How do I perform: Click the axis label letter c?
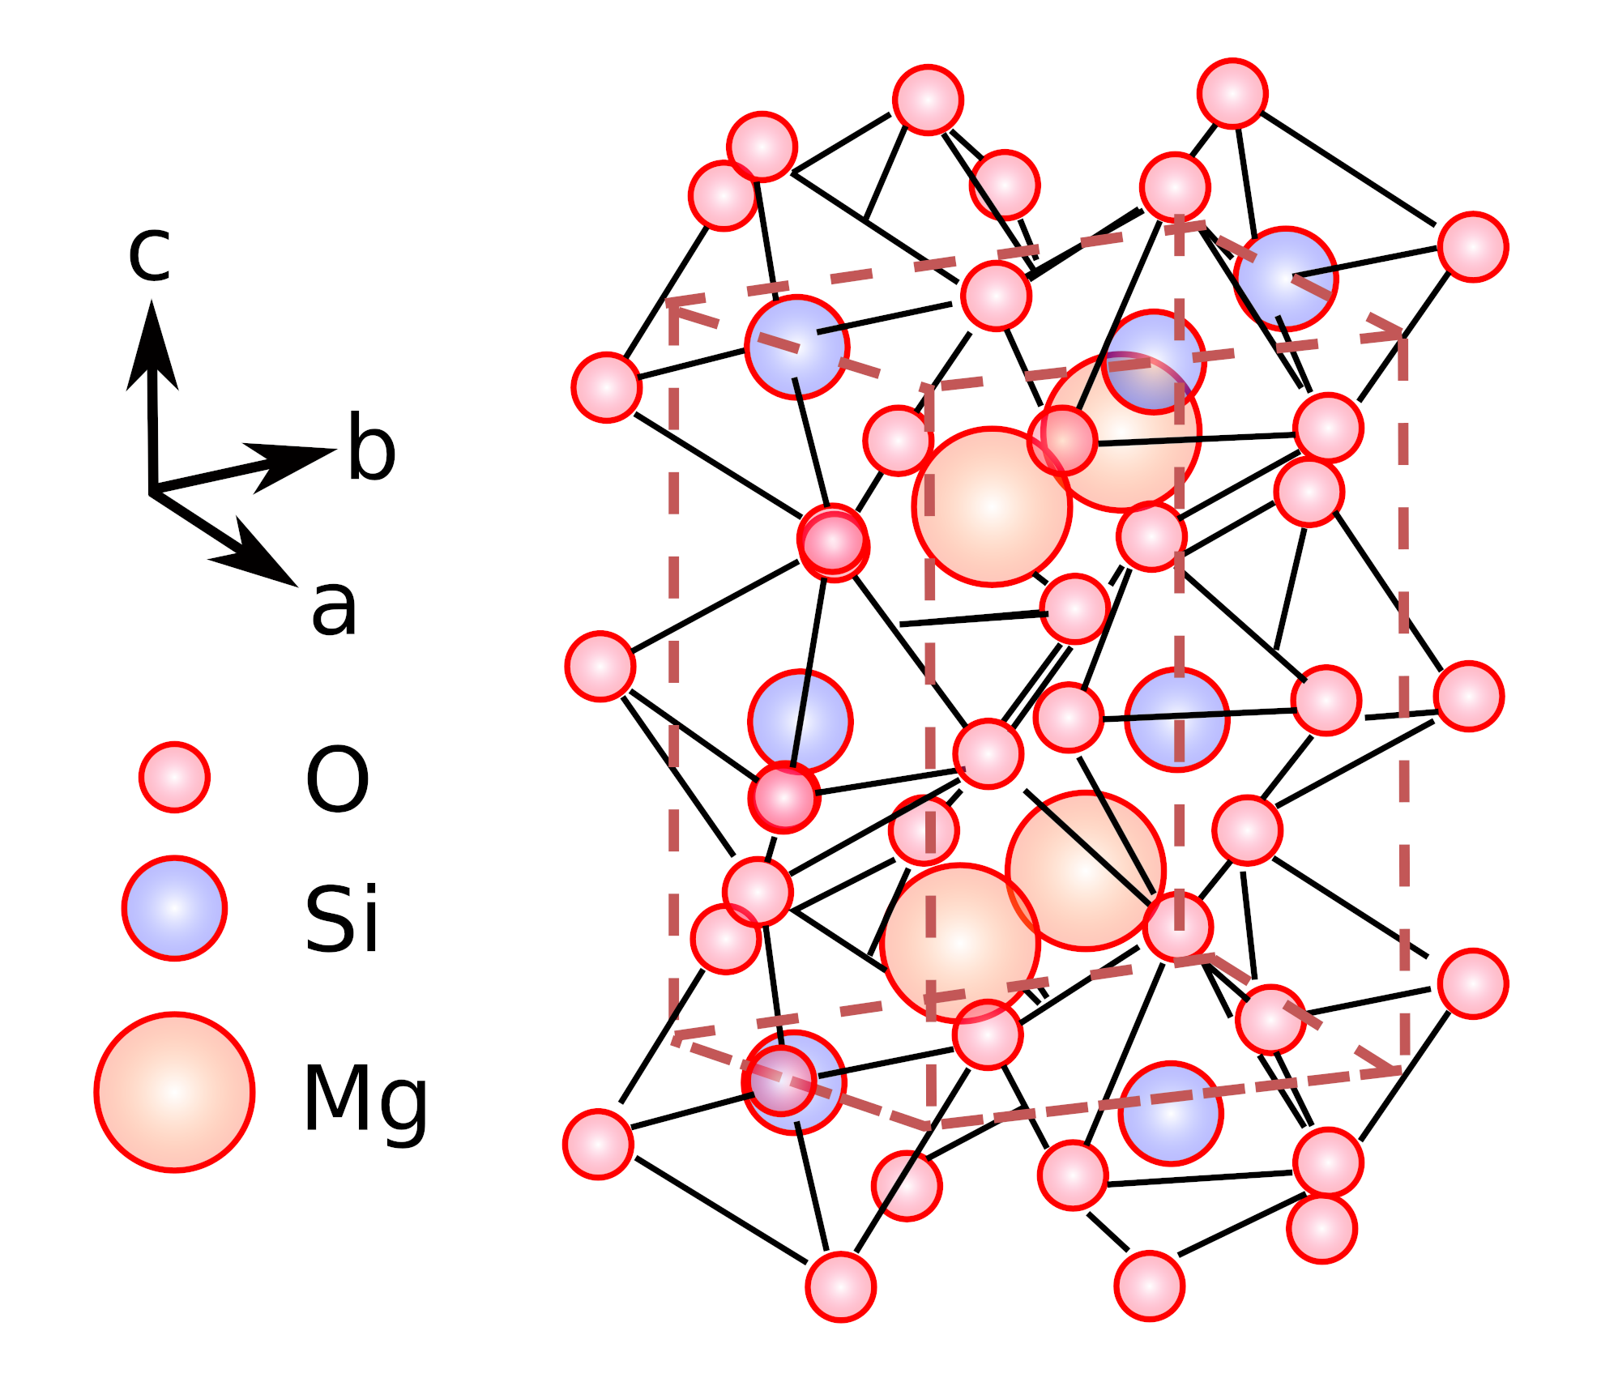click(x=150, y=254)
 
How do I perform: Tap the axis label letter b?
click(x=371, y=448)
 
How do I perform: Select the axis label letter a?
click(x=334, y=608)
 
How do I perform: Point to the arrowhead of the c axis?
click(x=152, y=340)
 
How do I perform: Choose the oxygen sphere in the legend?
click(x=174, y=777)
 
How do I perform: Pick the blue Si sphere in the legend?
click(x=174, y=908)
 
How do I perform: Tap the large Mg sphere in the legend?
click(x=174, y=1092)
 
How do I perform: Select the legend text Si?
click(x=341, y=919)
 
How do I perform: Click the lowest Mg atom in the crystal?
click(x=960, y=944)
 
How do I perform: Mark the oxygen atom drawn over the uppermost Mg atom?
click(x=1062, y=441)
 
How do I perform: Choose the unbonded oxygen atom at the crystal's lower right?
click(x=1321, y=1229)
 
